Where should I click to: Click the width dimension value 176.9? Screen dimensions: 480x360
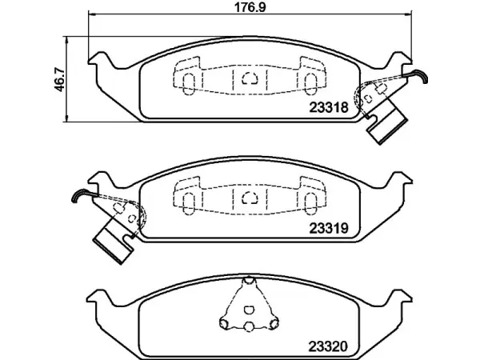tap(250, 7)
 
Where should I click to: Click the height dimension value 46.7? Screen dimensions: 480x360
tap(60, 80)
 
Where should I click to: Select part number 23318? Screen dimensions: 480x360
tap(329, 107)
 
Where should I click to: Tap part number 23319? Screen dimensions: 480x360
tap(329, 228)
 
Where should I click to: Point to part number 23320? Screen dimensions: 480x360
tap(328, 346)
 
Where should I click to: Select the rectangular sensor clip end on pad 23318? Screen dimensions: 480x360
tap(387, 126)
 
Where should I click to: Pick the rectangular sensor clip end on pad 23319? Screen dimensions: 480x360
tap(114, 246)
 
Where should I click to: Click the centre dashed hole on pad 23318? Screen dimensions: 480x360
tap(250, 78)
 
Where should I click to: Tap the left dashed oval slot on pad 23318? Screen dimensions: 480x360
tap(188, 82)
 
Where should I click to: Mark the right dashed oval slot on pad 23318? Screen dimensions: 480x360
tap(310, 82)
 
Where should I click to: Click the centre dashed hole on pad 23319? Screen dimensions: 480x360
tap(250, 198)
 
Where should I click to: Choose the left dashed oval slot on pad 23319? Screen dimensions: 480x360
tap(188, 202)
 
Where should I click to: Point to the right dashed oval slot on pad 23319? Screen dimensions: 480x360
tap(310, 202)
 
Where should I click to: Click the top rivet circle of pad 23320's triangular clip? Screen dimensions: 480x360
tap(249, 281)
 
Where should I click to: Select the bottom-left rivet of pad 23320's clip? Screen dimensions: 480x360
tap(224, 322)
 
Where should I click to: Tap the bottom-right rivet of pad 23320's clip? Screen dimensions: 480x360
tap(274, 322)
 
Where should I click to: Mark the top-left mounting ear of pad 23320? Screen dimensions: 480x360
tap(98, 296)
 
